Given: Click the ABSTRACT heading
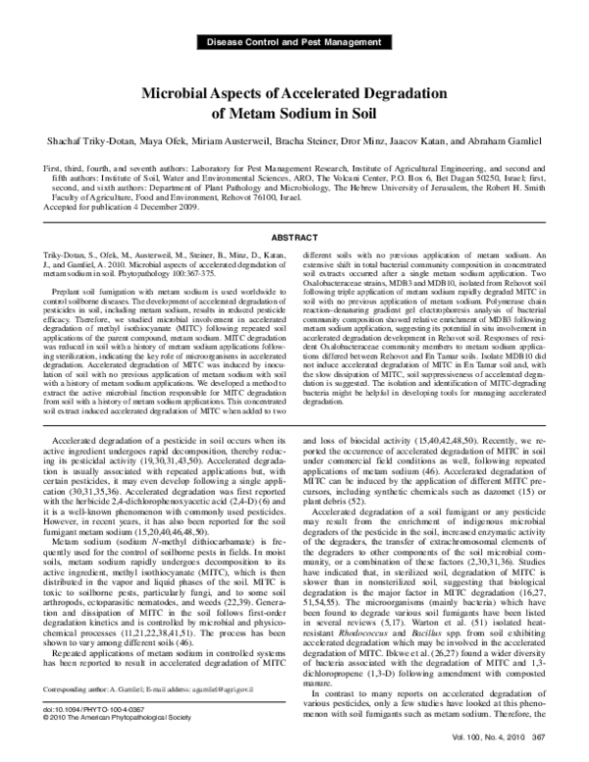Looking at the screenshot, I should [x=294, y=238].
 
